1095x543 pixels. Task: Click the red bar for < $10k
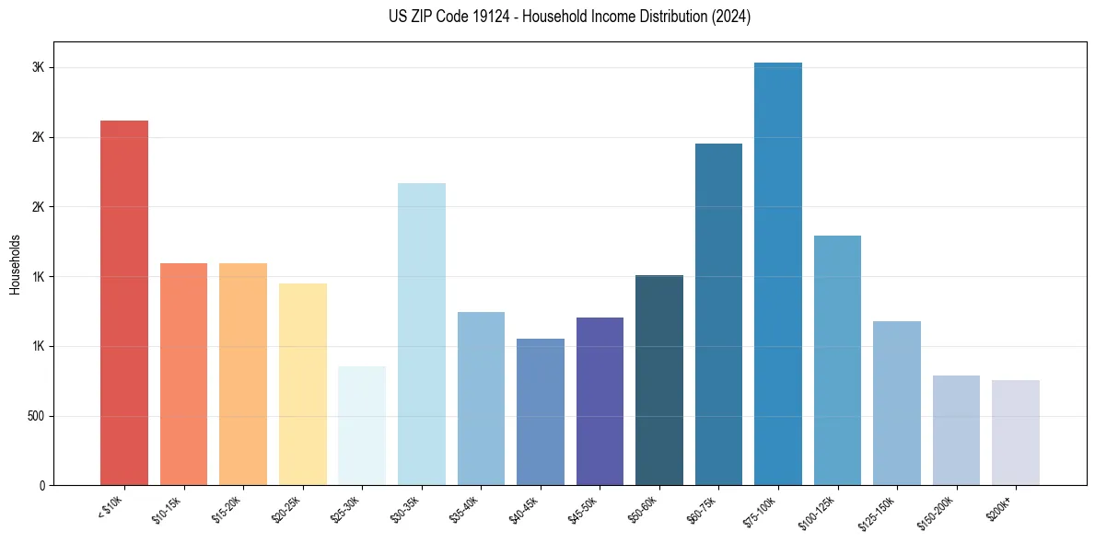(124, 304)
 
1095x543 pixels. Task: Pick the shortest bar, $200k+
(1016, 433)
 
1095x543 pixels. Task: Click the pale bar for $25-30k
(362, 425)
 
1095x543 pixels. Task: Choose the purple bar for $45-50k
(600, 401)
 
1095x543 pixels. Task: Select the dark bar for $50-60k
(659, 380)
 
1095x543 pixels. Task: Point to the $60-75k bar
(718, 315)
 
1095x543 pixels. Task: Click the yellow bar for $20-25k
(303, 384)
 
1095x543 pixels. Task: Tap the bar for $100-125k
(837, 361)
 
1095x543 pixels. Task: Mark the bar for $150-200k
(956, 430)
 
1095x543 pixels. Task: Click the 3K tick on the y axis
(39, 68)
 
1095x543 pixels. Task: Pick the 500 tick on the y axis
(35, 416)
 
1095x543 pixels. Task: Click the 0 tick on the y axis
(41, 485)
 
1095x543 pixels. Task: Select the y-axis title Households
(15, 264)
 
